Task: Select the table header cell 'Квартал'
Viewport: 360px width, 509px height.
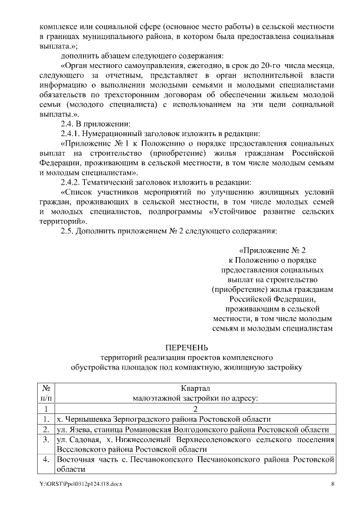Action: [195, 388]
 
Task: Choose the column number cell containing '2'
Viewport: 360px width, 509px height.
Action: [195, 409]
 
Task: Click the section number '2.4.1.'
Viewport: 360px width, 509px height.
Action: [72, 134]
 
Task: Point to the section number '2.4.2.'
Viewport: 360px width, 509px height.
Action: [72, 182]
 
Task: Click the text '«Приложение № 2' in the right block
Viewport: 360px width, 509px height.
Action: [273, 250]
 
